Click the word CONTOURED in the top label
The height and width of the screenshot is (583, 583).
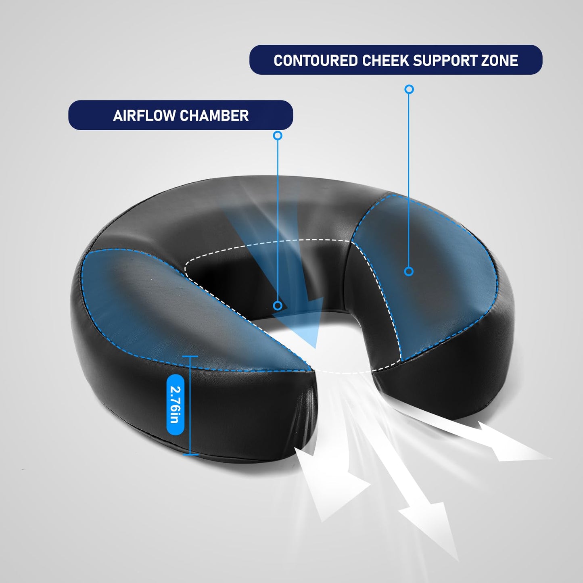(x=316, y=61)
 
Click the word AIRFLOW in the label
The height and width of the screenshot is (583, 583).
(x=144, y=115)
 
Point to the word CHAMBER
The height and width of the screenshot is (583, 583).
(x=214, y=115)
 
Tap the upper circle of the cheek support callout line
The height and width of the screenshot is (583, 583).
(x=409, y=89)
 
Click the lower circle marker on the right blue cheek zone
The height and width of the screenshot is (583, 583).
(x=409, y=272)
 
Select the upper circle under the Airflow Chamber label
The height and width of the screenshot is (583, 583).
(x=278, y=136)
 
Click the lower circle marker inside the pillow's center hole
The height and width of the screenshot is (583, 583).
(x=278, y=306)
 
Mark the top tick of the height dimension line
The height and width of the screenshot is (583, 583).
(x=190, y=356)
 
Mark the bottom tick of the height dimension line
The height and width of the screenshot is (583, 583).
(x=190, y=454)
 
